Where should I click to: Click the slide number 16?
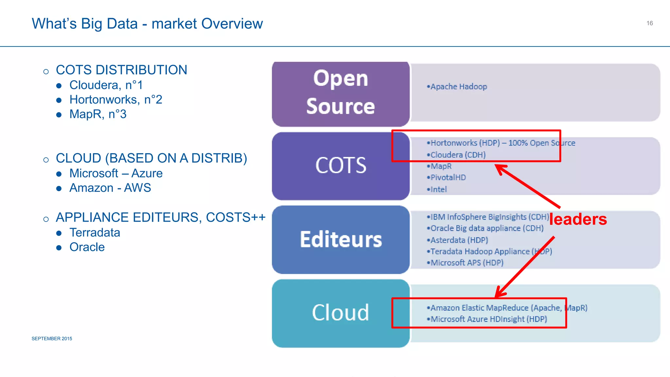(x=649, y=23)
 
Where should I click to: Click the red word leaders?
(x=578, y=219)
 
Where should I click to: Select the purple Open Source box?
(x=341, y=94)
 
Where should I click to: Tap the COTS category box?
(x=341, y=166)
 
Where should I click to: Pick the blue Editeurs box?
(x=341, y=240)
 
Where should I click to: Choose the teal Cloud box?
(x=341, y=313)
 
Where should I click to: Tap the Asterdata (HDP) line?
(x=458, y=240)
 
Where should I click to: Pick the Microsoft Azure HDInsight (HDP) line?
(x=487, y=319)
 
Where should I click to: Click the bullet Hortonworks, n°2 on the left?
(x=116, y=99)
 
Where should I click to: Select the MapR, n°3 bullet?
(x=98, y=114)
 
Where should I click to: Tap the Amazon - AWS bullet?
(x=110, y=188)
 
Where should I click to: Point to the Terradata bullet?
(x=95, y=233)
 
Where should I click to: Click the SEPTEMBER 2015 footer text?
(x=52, y=339)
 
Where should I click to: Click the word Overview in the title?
(x=232, y=24)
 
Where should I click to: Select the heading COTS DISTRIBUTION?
(x=121, y=70)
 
